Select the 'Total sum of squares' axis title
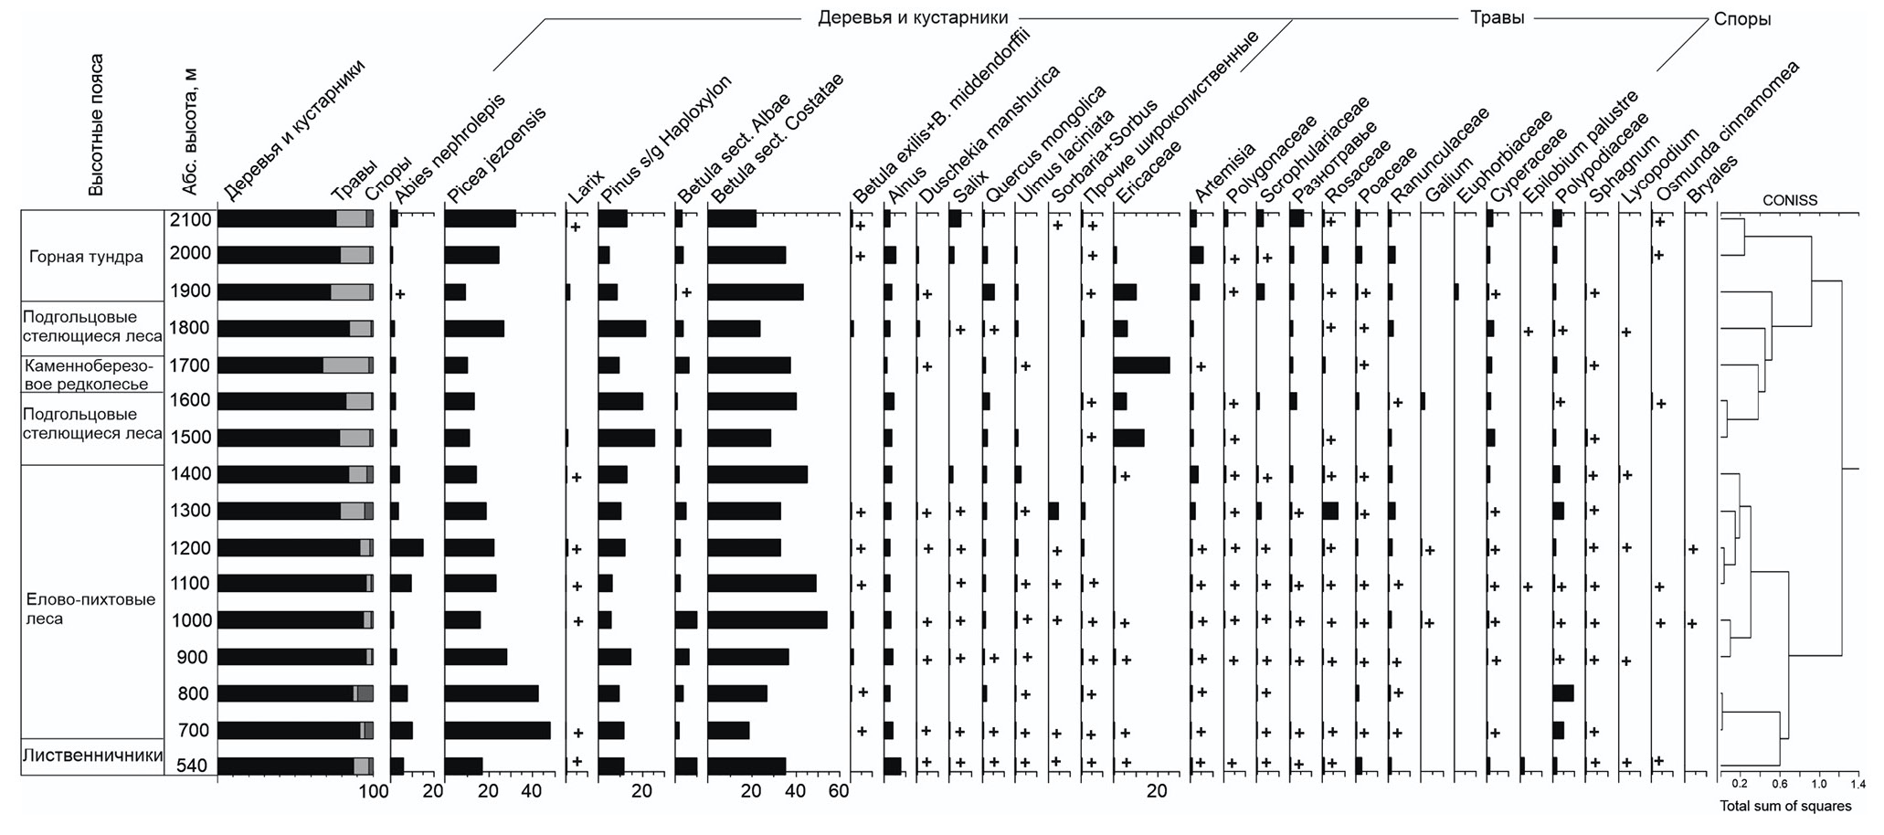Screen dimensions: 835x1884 (x=1785, y=807)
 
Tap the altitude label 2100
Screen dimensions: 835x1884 (x=190, y=219)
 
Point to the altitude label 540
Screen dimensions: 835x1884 (x=190, y=766)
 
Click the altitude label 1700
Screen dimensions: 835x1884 (x=190, y=365)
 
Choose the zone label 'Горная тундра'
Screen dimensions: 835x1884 (x=86, y=257)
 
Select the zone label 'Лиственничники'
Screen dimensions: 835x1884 (x=92, y=756)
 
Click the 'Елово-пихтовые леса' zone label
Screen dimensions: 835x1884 (x=90, y=609)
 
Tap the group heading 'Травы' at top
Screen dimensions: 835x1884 (x=1497, y=17)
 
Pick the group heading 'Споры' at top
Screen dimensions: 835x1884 (x=1742, y=19)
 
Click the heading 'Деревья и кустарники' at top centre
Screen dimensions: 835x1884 (x=913, y=17)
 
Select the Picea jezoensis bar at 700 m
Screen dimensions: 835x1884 (x=497, y=730)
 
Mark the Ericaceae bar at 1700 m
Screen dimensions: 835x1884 (x=1141, y=365)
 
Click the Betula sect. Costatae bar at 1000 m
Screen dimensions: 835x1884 (x=767, y=620)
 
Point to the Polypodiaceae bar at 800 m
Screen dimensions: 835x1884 (x=1562, y=693)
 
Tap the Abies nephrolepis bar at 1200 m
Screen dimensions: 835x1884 (x=407, y=548)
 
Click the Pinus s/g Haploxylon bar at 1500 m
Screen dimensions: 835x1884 (x=626, y=438)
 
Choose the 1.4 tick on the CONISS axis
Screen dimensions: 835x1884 (x=1858, y=784)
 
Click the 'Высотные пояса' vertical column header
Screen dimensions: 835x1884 (x=96, y=125)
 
